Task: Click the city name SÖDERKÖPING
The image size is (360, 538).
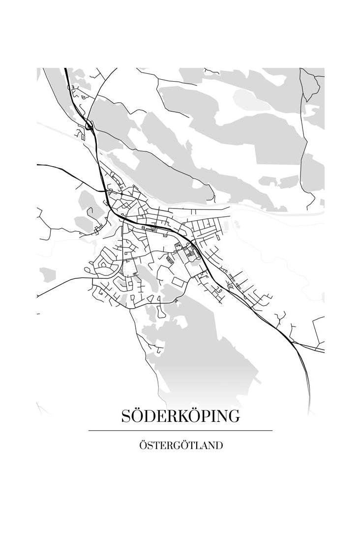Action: [x=180, y=416]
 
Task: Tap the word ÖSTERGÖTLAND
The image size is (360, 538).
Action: [x=180, y=446]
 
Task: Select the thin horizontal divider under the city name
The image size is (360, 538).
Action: [x=180, y=431]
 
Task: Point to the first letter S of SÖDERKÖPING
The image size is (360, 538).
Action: [x=126, y=417]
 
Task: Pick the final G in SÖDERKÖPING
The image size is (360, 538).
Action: [x=234, y=417]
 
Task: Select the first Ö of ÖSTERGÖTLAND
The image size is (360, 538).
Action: [x=143, y=446]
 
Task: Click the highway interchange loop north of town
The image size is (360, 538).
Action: [x=89, y=126]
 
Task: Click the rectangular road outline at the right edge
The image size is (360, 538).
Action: [x=318, y=330]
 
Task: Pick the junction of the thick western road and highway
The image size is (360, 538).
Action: [x=105, y=191]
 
